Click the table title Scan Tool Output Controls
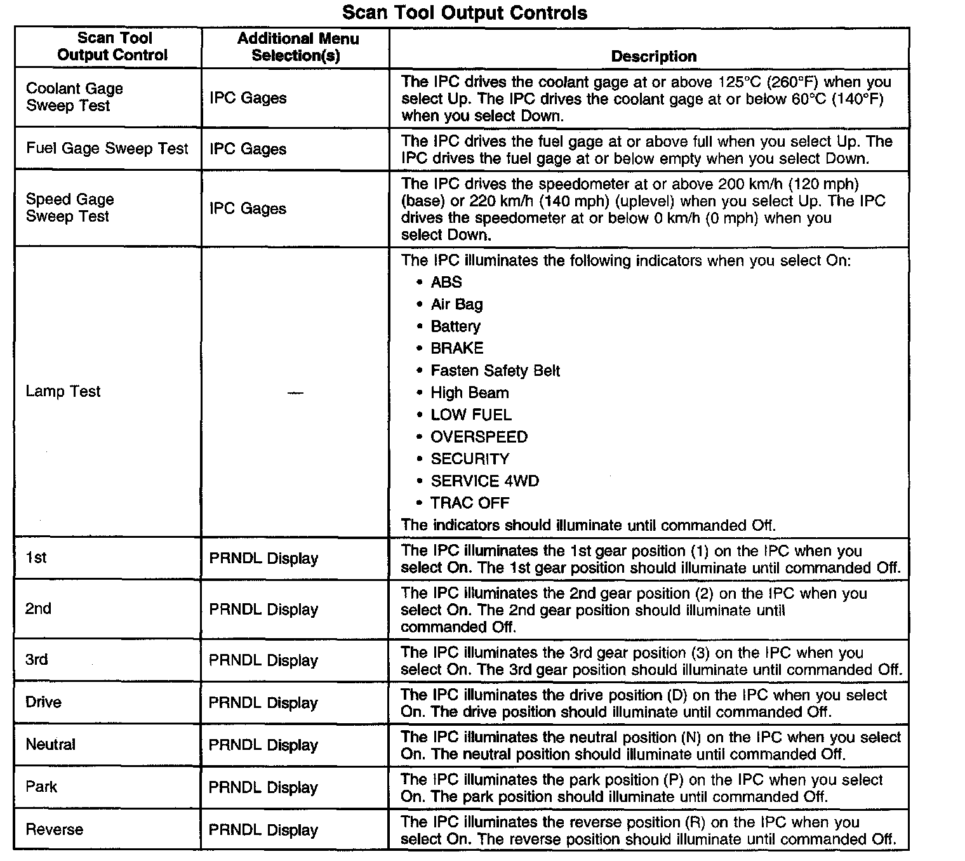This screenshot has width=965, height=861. [x=465, y=13]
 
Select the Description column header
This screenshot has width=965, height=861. [x=653, y=57]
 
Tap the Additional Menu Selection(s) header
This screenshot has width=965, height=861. [x=297, y=47]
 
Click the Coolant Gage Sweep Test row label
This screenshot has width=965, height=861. [x=74, y=97]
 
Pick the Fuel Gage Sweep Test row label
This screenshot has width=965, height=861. [x=107, y=149]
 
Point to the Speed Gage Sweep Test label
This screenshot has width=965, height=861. [x=70, y=208]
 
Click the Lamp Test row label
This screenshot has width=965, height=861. [x=63, y=392]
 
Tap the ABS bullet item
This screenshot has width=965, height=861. [x=446, y=282]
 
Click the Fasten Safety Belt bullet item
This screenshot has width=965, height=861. [x=495, y=371]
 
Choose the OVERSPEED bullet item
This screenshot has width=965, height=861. [x=479, y=437]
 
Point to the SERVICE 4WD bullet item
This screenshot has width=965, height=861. [x=484, y=481]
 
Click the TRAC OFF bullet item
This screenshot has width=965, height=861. [x=470, y=503]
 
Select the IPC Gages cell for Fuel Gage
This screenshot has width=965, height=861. [x=248, y=149]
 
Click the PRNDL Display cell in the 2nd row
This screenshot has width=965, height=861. [x=263, y=610]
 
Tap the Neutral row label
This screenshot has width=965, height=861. [x=50, y=744]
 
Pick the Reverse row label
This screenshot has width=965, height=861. [x=54, y=829]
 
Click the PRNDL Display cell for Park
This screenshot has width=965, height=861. [x=263, y=787]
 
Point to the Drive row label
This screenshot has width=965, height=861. [x=43, y=702]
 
